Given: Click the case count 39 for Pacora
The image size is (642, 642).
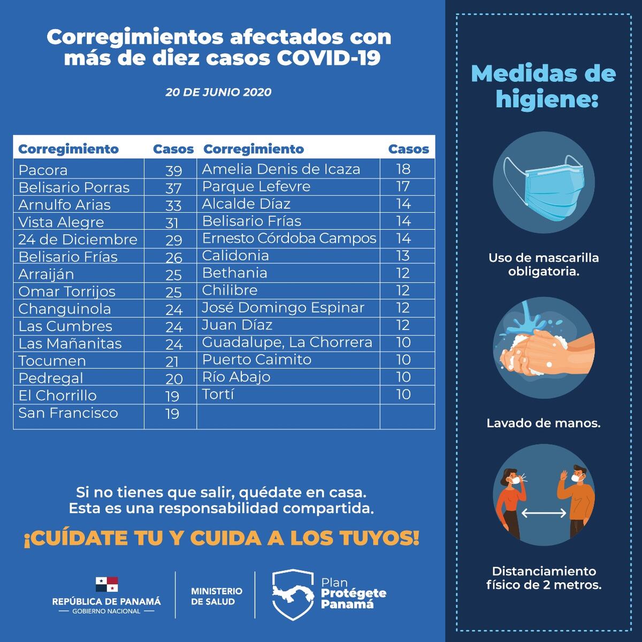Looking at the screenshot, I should click(x=173, y=171).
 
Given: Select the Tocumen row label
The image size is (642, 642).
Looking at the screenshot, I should click(x=52, y=361).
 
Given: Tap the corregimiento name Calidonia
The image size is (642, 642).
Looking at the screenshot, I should click(x=235, y=256).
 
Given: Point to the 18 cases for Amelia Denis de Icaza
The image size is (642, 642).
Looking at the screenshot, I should click(x=403, y=169).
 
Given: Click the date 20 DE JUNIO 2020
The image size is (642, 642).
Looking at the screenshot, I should click(x=218, y=92).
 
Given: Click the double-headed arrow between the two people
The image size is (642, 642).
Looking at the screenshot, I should click(x=544, y=513).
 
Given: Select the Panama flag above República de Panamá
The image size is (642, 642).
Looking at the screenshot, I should click(x=106, y=584).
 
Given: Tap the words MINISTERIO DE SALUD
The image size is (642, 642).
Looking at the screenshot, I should click(x=217, y=596).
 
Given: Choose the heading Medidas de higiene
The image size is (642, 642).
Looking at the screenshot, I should click(x=544, y=86).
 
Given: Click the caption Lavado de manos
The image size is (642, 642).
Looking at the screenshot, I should click(x=544, y=423).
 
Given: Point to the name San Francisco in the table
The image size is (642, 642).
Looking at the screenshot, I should click(x=68, y=413).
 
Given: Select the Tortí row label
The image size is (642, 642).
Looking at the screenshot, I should click(x=218, y=394).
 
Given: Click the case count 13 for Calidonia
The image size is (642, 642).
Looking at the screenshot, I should click(x=403, y=256).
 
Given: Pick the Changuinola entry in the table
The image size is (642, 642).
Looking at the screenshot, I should click(x=65, y=309).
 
